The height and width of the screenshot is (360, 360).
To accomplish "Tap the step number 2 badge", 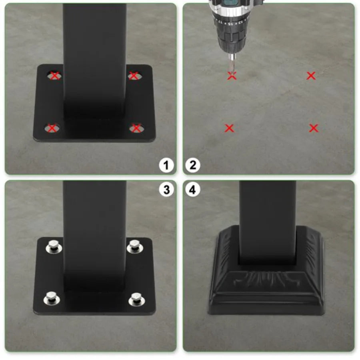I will pyautogui.click(x=193, y=165).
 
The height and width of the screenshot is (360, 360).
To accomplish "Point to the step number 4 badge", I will pyautogui.click(x=193, y=190).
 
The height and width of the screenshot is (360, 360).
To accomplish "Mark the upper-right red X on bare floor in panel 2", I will pyautogui.click(x=311, y=75).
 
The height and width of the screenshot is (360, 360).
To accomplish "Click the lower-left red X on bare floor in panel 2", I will pyautogui.click(x=229, y=128).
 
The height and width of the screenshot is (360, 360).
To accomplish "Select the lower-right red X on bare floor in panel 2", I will pyautogui.click(x=314, y=128).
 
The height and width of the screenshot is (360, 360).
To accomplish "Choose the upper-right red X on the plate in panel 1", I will pyautogui.click(x=134, y=75).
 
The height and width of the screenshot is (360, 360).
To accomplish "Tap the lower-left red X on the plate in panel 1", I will pyautogui.click(x=52, y=128).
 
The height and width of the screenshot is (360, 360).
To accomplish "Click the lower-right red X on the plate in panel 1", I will pyautogui.click(x=136, y=128).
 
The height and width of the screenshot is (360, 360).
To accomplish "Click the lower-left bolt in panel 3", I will pyautogui.click(x=50, y=298).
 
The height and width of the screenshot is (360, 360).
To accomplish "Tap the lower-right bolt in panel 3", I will pyautogui.click(x=136, y=299).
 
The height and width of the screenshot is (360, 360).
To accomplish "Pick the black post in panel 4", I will pyautogui.click(x=267, y=220).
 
